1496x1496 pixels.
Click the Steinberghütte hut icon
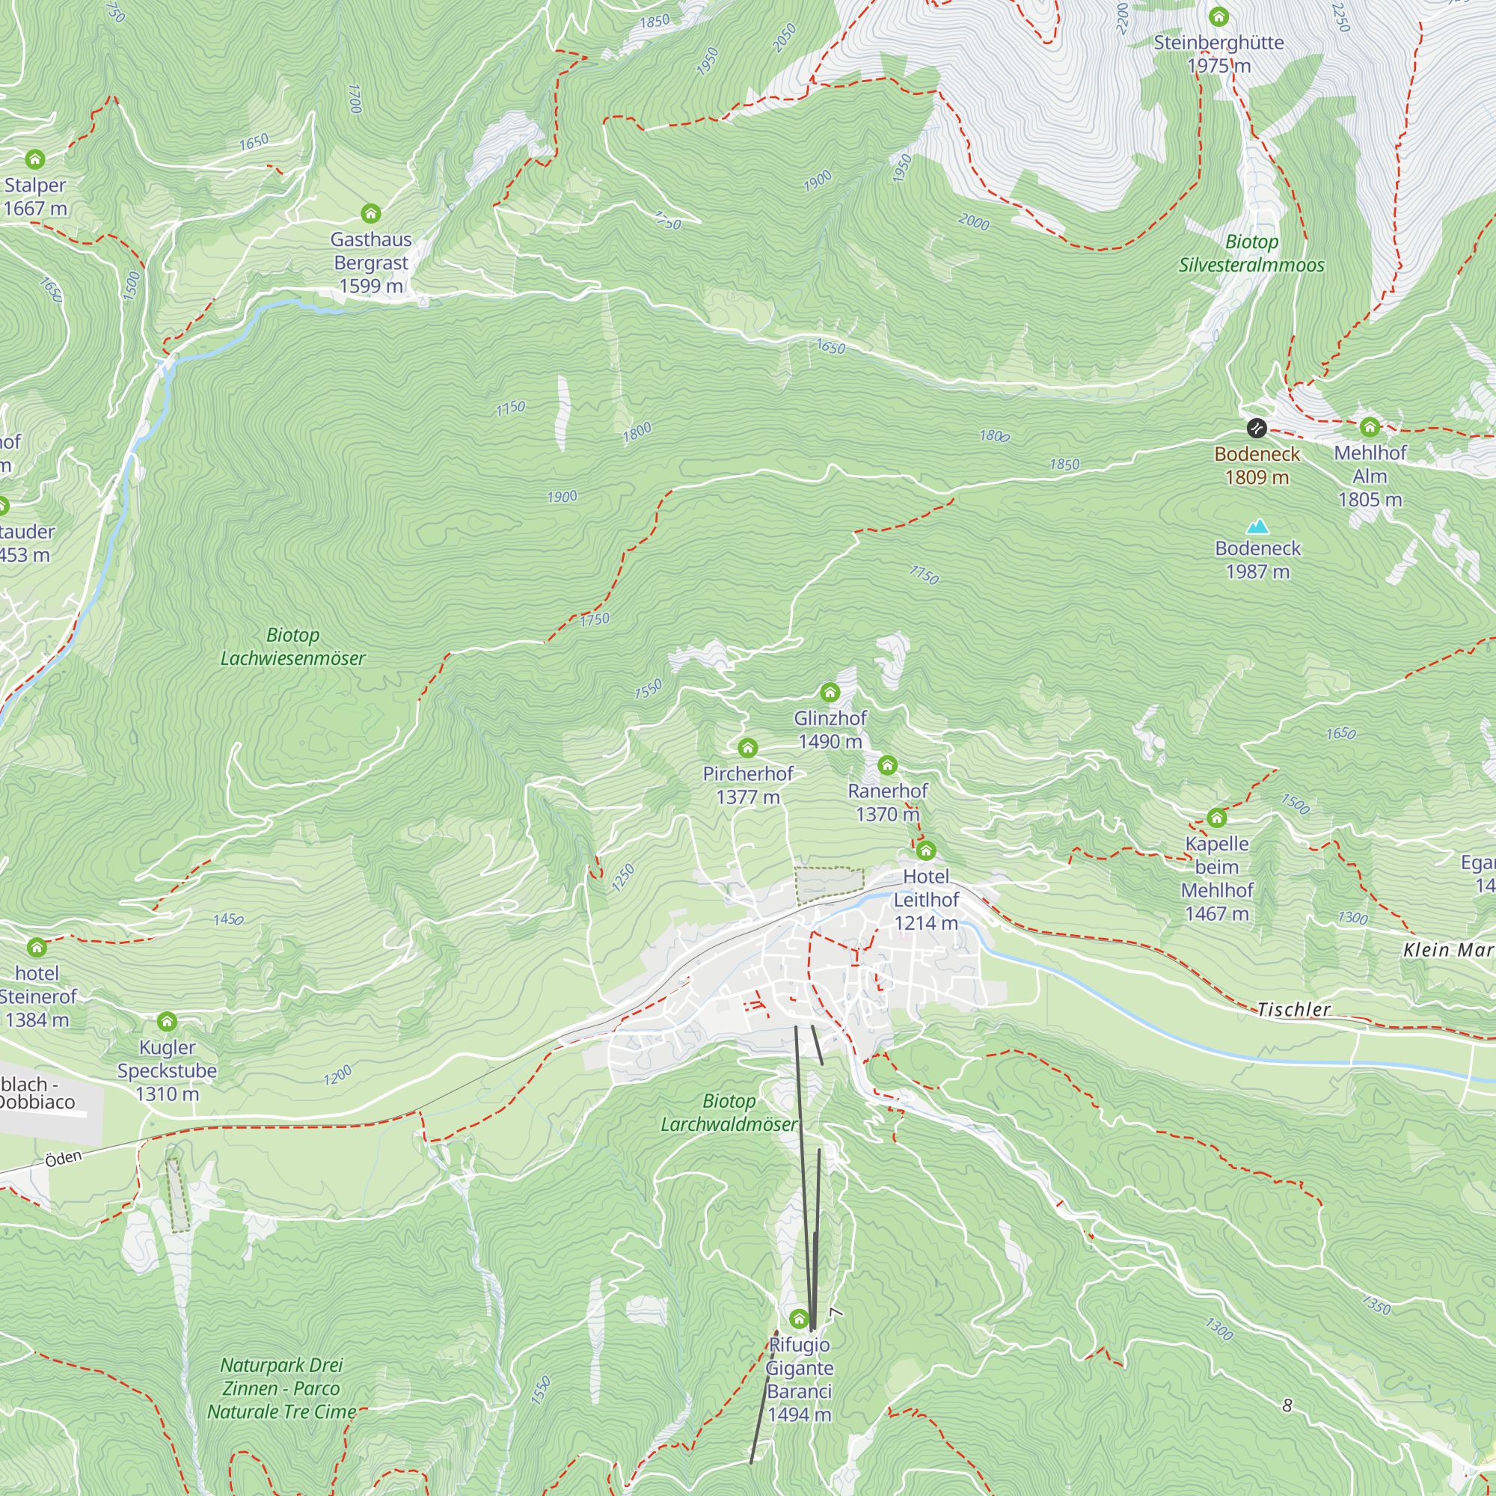(1218, 16)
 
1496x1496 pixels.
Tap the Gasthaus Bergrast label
(371, 263)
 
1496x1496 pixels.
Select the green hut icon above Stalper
(35, 159)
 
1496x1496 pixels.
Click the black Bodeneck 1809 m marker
(1256, 427)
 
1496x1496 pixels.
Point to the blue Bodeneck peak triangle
(1257, 527)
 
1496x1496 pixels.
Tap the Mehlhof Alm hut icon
(1369, 426)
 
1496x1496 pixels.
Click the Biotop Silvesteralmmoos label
(1251, 254)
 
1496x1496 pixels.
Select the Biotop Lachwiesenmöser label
(292, 646)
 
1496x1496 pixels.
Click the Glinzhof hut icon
(830, 692)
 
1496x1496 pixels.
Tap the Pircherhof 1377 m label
(747, 785)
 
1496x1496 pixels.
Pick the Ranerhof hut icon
(887, 765)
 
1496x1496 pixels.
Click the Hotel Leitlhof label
(926, 899)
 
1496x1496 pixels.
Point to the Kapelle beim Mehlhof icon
(1216, 818)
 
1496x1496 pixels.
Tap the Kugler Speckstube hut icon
(168, 1021)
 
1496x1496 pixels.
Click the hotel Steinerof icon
(37, 947)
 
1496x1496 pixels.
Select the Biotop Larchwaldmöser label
(729, 1112)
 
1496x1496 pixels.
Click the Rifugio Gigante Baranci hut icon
(799, 1319)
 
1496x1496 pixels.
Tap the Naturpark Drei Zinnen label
(282, 1388)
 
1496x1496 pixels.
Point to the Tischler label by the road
(1293, 1010)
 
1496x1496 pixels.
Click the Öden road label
(63, 1159)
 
